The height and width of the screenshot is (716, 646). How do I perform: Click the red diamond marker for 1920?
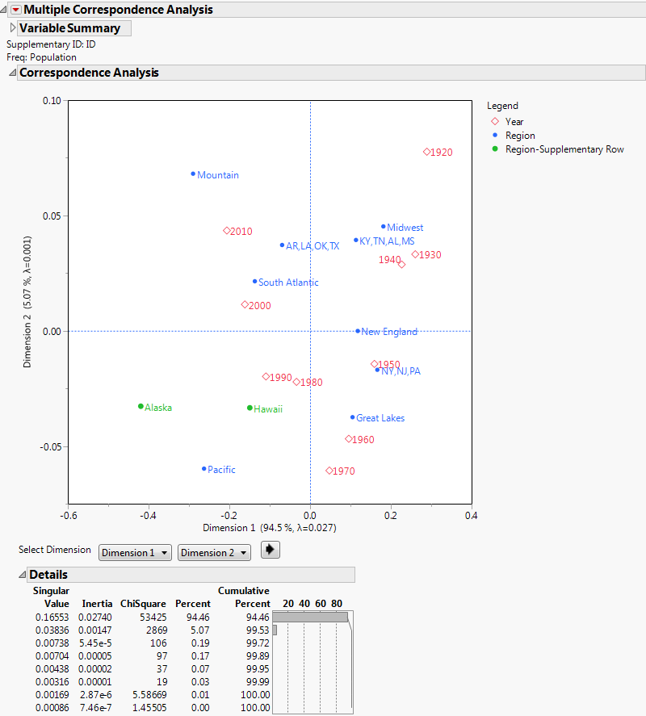(426, 152)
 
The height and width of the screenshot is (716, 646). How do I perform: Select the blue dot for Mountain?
(193, 174)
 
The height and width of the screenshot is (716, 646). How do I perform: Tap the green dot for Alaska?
(141, 406)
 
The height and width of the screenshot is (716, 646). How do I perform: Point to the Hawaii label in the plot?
(267, 409)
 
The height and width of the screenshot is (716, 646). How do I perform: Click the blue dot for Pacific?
(204, 468)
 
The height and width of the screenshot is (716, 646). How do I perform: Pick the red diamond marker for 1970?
(329, 471)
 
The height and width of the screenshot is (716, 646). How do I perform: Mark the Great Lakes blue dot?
(352, 417)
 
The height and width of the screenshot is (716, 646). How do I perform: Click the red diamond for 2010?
(227, 231)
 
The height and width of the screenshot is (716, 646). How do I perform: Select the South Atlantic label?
(288, 283)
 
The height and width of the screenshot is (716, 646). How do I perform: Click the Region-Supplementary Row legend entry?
(564, 149)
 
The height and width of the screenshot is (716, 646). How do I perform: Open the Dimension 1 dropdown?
(135, 553)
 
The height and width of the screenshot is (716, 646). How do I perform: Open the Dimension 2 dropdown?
(214, 553)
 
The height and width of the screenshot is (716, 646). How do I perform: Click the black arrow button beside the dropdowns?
(270, 551)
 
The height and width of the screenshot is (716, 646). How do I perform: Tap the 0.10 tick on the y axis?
(51, 101)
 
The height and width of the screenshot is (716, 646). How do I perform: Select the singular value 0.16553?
(52, 617)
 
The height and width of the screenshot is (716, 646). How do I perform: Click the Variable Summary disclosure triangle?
(12, 28)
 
